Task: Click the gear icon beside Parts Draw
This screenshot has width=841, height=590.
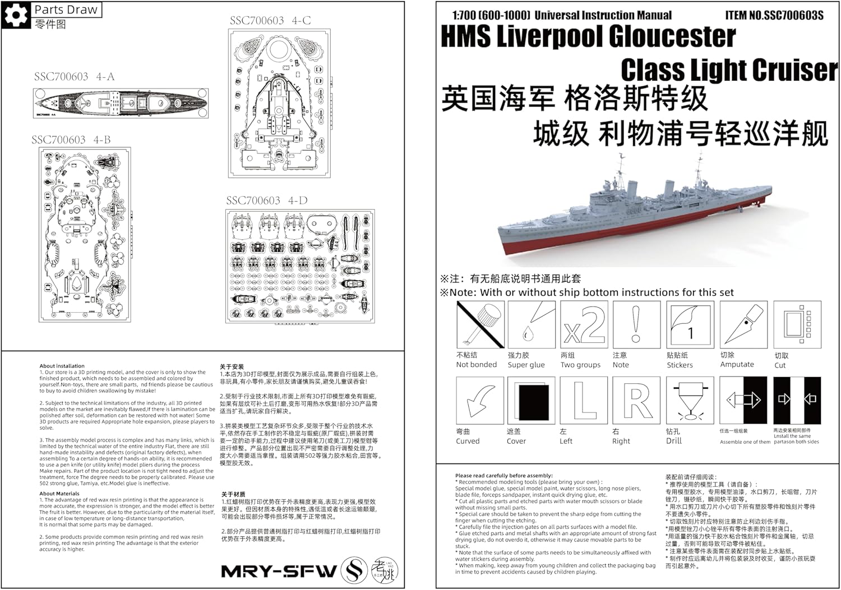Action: point(16,15)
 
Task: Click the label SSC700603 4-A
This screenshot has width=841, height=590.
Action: point(74,77)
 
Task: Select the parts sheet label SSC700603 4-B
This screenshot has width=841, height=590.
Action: point(71,140)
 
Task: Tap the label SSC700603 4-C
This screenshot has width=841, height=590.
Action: point(270,21)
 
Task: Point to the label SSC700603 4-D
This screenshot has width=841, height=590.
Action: point(266,201)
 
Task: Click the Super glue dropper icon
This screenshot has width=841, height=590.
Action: point(531,324)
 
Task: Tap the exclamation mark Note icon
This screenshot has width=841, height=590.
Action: point(636,324)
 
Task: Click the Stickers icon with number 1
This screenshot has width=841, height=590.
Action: point(690,324)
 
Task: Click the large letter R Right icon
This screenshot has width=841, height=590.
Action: point(636,400)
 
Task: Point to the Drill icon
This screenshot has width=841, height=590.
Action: point(690,400)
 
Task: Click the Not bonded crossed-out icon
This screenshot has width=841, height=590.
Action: point(480,324)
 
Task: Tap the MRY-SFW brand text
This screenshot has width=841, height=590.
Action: point(279,572)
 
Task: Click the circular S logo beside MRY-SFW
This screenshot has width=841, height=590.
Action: point(355,570)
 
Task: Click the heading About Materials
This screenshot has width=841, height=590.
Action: point(59,494)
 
